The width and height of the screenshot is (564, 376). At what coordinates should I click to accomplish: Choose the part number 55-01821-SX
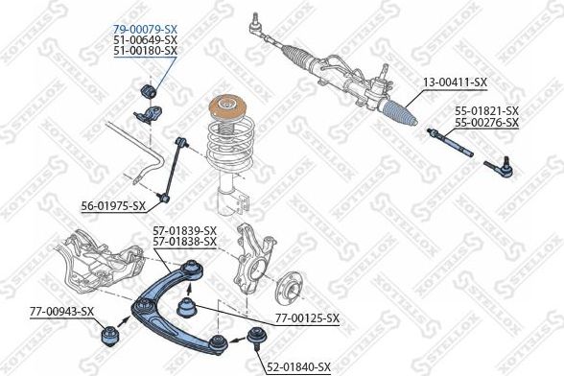tap(486, 111)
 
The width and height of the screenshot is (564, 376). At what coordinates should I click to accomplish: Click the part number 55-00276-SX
tap(486, 123)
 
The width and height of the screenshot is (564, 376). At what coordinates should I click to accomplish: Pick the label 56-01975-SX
tap(113, 205)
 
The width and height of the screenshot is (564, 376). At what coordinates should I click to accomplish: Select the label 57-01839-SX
tap(185, 231)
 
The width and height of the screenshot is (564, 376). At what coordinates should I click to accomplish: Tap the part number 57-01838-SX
tap(185, 243)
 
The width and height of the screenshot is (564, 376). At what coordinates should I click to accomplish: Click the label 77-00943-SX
tap(61, 311)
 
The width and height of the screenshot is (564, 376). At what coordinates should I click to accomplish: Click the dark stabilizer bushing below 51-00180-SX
tap(150, 91)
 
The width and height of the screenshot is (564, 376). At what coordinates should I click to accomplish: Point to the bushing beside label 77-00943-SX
tap(109, 339)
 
